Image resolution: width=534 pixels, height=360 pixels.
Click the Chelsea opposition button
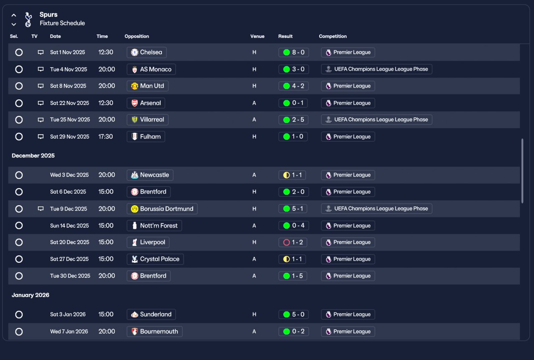[146, 53]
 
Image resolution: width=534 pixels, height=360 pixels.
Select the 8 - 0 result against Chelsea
[293, 53]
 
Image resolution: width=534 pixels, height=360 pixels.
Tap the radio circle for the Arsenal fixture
[19, 103]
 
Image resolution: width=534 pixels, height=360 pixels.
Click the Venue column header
[257, 36]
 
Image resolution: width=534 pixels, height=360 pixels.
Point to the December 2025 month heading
[33, 156]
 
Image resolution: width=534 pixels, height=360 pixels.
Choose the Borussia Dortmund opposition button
[162, 209]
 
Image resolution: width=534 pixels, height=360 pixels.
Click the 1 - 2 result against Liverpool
[293, 242]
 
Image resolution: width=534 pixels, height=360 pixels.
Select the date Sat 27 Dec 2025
[69, 259]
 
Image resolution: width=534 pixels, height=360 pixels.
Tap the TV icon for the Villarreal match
[41, 120]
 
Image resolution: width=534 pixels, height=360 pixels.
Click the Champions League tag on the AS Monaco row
[376, 69]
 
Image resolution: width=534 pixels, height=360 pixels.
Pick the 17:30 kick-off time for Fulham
[106, 136]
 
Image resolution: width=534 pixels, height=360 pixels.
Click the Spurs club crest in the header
[28, 20]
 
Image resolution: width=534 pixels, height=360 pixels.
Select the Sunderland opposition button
[151, 315]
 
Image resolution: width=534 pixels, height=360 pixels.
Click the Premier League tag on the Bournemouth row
[348, 332]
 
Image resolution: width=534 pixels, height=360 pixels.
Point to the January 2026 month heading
[30, 295]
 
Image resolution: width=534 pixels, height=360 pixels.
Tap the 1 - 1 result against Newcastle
[292, 175]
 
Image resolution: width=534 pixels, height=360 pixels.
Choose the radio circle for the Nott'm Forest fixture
[19, 226]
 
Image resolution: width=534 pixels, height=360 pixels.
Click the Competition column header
[333, 36]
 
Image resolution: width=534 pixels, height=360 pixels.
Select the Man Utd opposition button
[148, 86]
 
